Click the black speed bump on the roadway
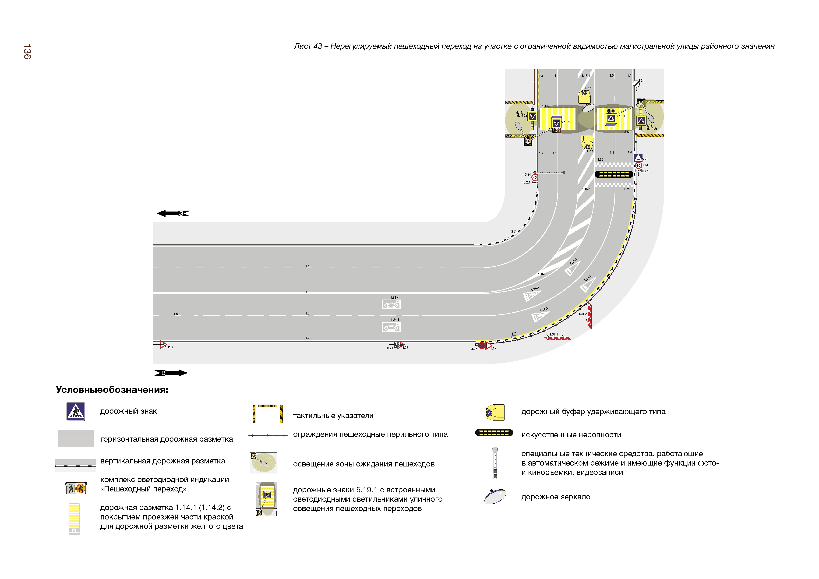click(614, 174)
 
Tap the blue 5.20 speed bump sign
click(638, 157)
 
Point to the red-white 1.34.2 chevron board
click(590, 315)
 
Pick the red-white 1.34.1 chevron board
click(558, 338)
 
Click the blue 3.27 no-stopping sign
click(482, 345)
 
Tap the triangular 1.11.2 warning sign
click(163, 344)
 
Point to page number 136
click(27, 52)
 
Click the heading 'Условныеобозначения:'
click(112, 390)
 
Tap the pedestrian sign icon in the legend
click(76, 411)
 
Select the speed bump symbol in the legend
click(494, 433)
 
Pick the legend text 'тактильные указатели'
click(333, 415)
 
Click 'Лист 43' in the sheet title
click(307, 46)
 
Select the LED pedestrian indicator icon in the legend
click(76, 488)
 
